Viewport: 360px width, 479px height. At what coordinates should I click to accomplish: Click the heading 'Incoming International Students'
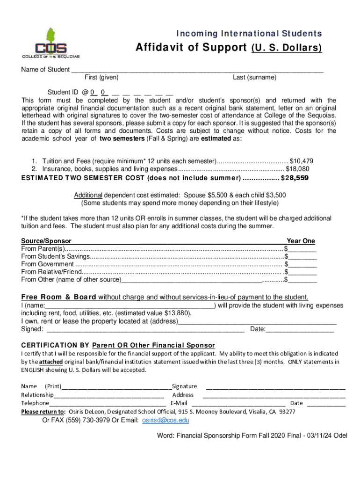[x=248, y=33]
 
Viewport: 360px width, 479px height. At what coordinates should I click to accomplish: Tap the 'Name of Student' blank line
[x=197, y=70]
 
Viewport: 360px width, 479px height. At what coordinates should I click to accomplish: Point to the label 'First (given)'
[x=101, y=77]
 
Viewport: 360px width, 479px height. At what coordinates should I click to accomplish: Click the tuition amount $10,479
[x=304, y=160]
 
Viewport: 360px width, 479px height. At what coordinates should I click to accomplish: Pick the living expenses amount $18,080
[x=297, y=169]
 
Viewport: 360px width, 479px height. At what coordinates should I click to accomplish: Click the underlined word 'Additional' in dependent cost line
[x=88, y=195]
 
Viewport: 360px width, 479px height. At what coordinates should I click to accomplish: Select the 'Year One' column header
[x=301, y=241]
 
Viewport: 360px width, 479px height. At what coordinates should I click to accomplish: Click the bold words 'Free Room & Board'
[x=59, y=297]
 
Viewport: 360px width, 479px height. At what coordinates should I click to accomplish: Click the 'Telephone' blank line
[x=107, y=403]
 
